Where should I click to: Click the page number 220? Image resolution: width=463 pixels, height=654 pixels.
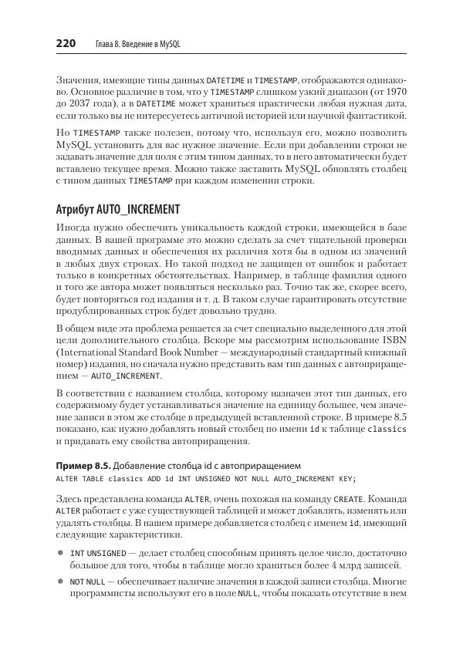[65, 43]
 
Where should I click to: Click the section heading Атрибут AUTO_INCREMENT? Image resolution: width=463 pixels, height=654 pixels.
[117, 210]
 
